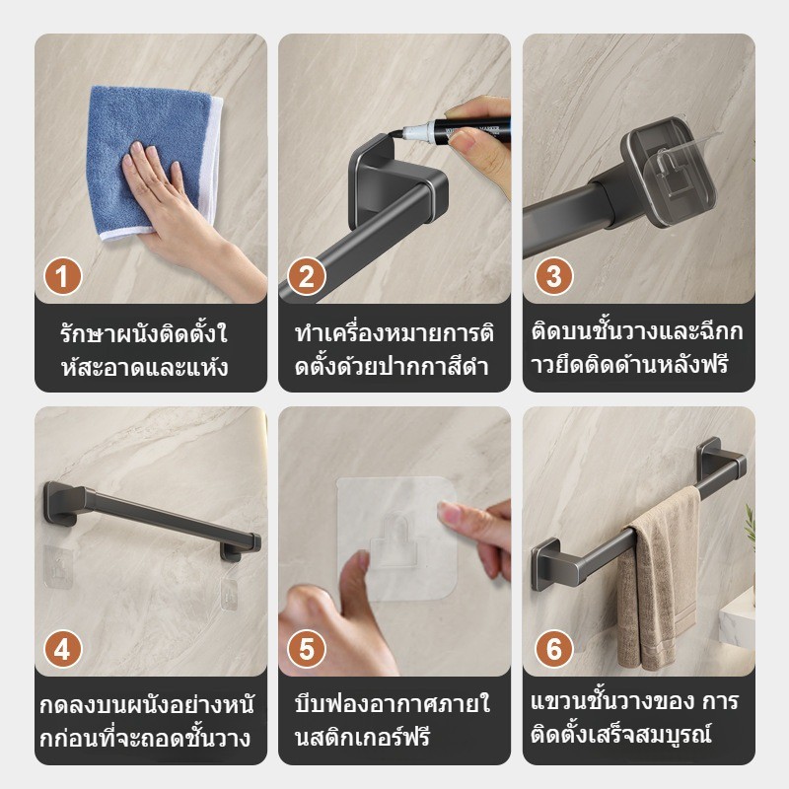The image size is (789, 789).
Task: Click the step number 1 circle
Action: pyautogui.click(x=63, y=276)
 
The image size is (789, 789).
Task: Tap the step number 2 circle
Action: pyautogui.click(x=306, y=276)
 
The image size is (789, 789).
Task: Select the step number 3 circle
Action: pyautogui.click(x=553, y=276)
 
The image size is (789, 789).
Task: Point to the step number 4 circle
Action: pyautogui.click(x=63, y=650)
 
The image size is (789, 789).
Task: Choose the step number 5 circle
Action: pyautogui.click(x=306, y=650)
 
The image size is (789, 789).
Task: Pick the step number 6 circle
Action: pyautogui.click(x=553, y=650)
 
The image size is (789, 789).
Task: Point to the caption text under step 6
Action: pyautogui.click(x=636, y=721)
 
